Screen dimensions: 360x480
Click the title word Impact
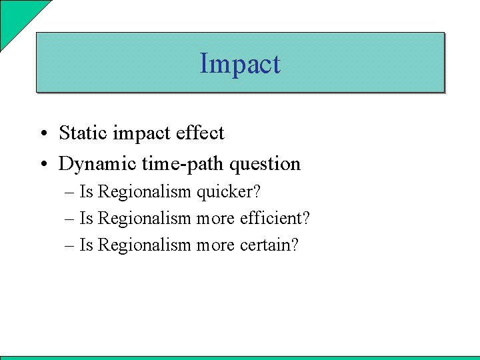pos(240,64)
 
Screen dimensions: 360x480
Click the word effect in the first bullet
pos(200,133)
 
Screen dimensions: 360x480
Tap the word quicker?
pos(228,192)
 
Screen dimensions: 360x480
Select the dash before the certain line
pos(70,246)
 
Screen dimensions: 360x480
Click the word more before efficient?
pos(214,219)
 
